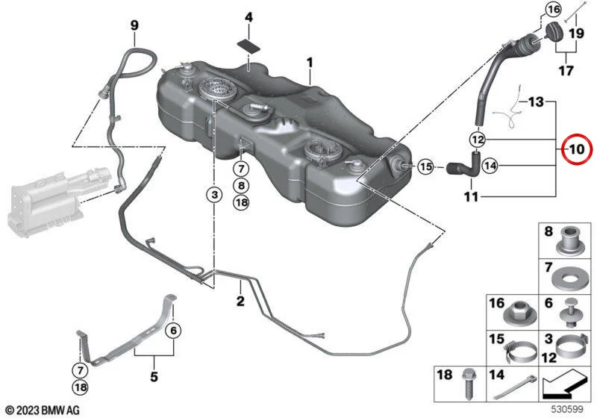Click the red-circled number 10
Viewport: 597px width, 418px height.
click(576, 149)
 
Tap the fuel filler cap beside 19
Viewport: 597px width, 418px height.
click(557, 32)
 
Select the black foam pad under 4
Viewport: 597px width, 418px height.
click(249, 45)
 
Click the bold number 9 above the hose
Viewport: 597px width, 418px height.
click(134, 25)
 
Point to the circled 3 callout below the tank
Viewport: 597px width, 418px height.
click(215, 195)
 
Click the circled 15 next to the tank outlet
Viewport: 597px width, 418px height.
click(425, 166)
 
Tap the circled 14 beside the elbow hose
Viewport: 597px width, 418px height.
click(490, 166)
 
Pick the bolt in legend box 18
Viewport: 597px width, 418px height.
click(469, 384)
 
